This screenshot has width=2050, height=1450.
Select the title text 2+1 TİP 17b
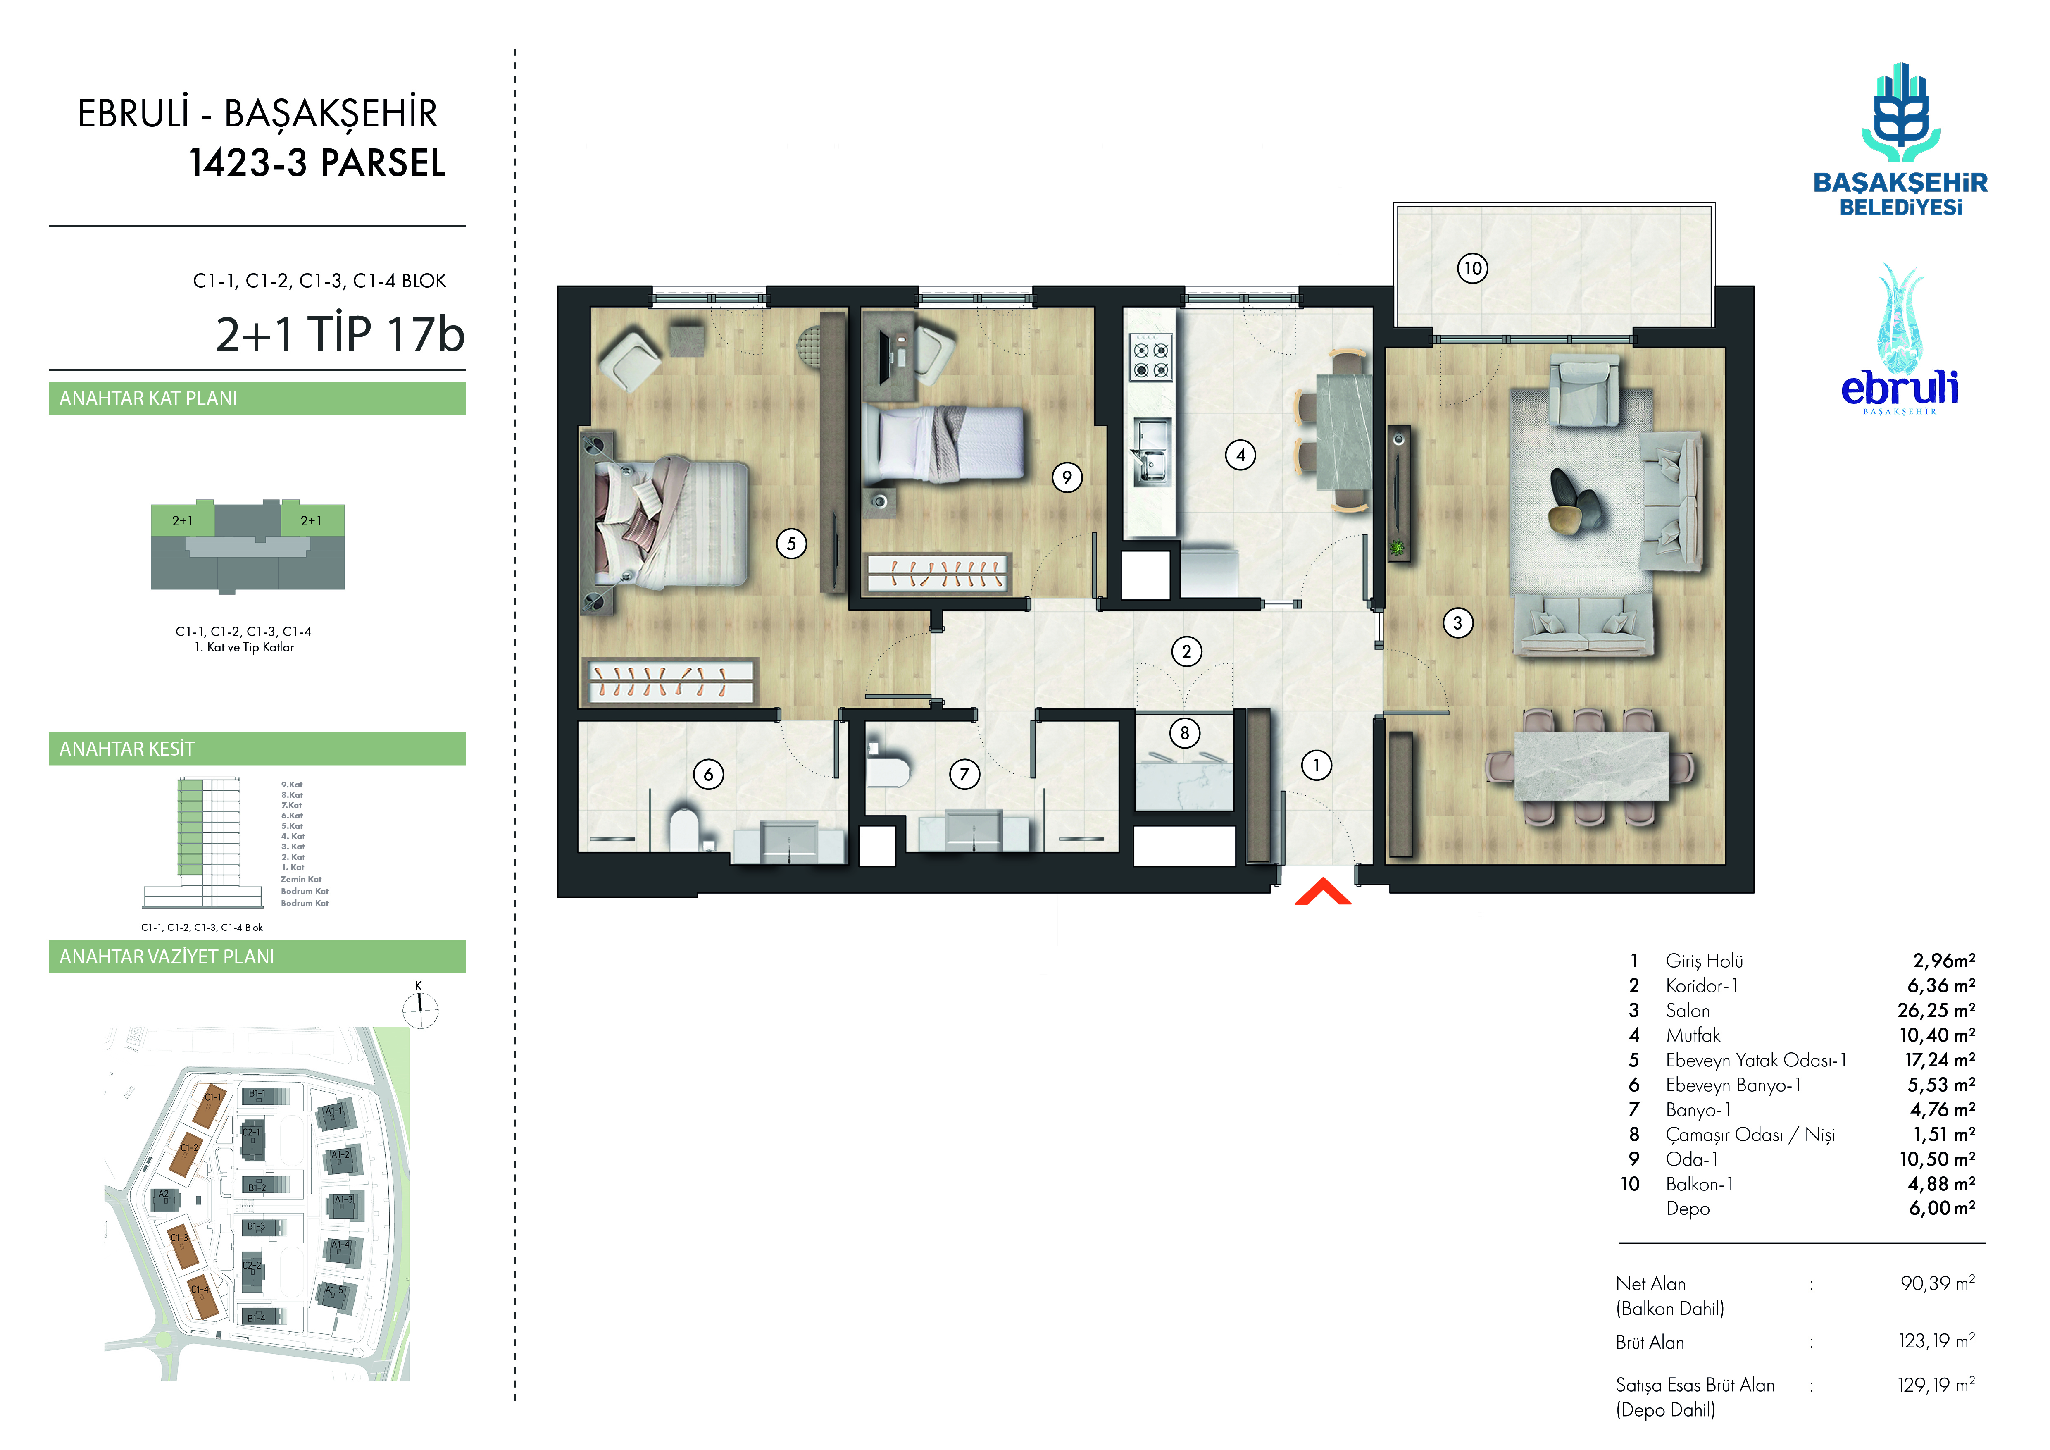pos(340,334)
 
